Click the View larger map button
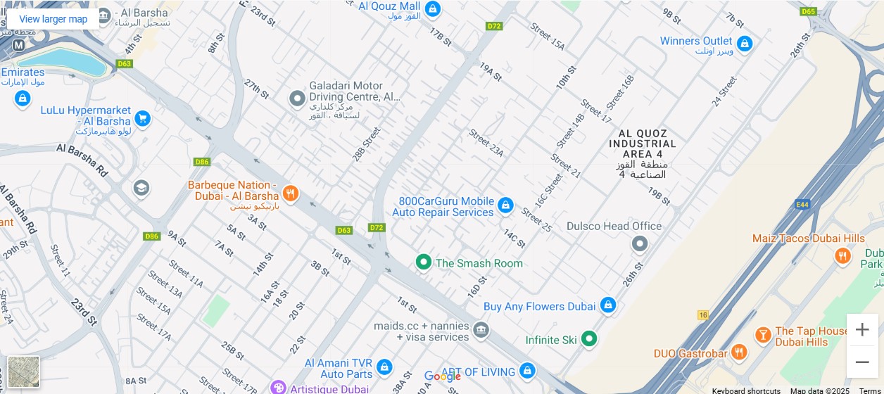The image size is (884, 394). tap(53, 19)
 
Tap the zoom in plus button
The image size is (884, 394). tap(862, 329)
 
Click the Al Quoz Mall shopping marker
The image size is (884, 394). tap(433, 9)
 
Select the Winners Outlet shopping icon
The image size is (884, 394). tap(745, 44)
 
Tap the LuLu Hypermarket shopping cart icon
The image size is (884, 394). tap(143, 118)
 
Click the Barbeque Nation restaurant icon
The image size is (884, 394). tap(290, 193)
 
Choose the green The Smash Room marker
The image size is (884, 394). tap(423, 262)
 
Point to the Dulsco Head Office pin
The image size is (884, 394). tap(639, 243)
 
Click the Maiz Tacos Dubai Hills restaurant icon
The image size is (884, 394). tap(842, 256)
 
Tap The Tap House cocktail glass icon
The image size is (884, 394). tap(762, 335)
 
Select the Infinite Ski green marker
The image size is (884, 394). tap(589, 339)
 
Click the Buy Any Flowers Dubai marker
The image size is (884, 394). tap(608, 305)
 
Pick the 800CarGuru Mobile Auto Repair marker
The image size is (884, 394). tap(505, 205)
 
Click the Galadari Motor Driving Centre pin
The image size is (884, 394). tap(298, 99)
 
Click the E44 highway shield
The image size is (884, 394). tap(801, 204)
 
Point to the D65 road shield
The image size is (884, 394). tap(808, 11)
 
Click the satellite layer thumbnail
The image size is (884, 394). tap(24, 371)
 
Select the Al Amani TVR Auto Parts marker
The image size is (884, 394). tap(384, 367)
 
